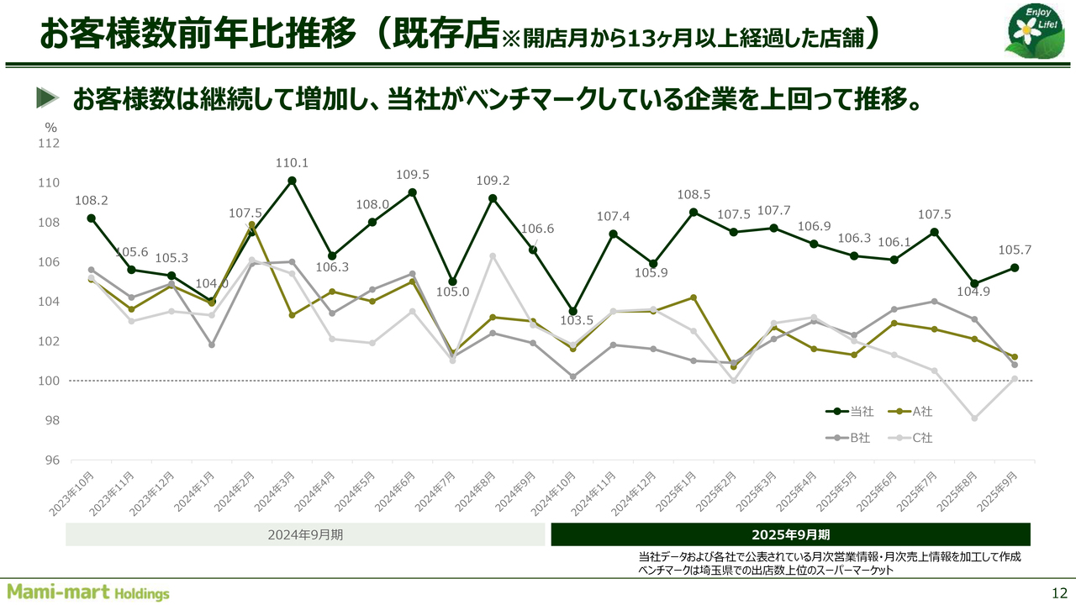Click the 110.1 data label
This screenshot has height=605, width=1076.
point(292,163)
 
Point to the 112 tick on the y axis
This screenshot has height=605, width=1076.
point(50,144)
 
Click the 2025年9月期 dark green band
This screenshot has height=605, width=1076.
point(790,534)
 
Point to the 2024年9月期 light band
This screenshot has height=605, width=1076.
point(305,534)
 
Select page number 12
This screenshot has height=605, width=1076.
point(1059,592)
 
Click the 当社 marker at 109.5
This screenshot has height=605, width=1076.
point(413,192)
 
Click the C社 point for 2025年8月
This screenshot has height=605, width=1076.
point(974,418)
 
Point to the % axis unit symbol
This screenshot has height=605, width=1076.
point(51,128)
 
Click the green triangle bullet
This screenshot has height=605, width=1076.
point(48,98)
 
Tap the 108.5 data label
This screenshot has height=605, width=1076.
point(694,195)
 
